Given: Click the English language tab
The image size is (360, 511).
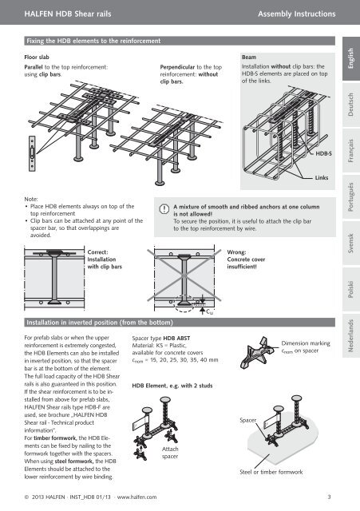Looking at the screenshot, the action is tap(351, 58).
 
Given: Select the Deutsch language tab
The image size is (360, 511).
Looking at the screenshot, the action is tap(351, 105).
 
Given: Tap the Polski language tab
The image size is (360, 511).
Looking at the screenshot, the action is tap(351, 289).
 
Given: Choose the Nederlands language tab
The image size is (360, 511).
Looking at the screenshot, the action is tap(351, 335).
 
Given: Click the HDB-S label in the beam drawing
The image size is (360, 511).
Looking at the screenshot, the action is tap(323, 153).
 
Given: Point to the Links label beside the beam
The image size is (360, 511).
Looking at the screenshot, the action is tap(321, 177).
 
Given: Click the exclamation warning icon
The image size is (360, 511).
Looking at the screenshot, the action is tap(164, 208).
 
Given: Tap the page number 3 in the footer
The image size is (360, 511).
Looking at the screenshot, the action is tap(329, 497).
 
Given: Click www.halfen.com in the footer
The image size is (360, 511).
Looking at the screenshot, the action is tap(136, 497).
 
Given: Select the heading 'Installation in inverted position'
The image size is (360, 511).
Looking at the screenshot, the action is tap(100, 323).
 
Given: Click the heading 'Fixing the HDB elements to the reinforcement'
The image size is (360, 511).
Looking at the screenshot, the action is tap(93, 41).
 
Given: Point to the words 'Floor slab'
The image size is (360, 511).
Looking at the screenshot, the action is tap(37, 57).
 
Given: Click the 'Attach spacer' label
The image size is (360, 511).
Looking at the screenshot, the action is tap(170, 453).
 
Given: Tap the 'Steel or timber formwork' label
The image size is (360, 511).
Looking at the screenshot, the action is tap(271, 472).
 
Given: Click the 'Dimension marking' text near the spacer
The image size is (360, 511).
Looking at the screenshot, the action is tap(306, 343).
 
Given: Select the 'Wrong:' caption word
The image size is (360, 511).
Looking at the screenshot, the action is tap(236, 252).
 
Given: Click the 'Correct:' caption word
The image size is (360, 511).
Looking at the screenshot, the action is tap(97, 252).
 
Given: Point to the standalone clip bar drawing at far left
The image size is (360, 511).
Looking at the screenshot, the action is tap(32, 153).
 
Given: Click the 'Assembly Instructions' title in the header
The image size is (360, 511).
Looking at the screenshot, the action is tap(296, 14).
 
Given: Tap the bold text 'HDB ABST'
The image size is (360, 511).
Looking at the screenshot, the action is tap(176, 339).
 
